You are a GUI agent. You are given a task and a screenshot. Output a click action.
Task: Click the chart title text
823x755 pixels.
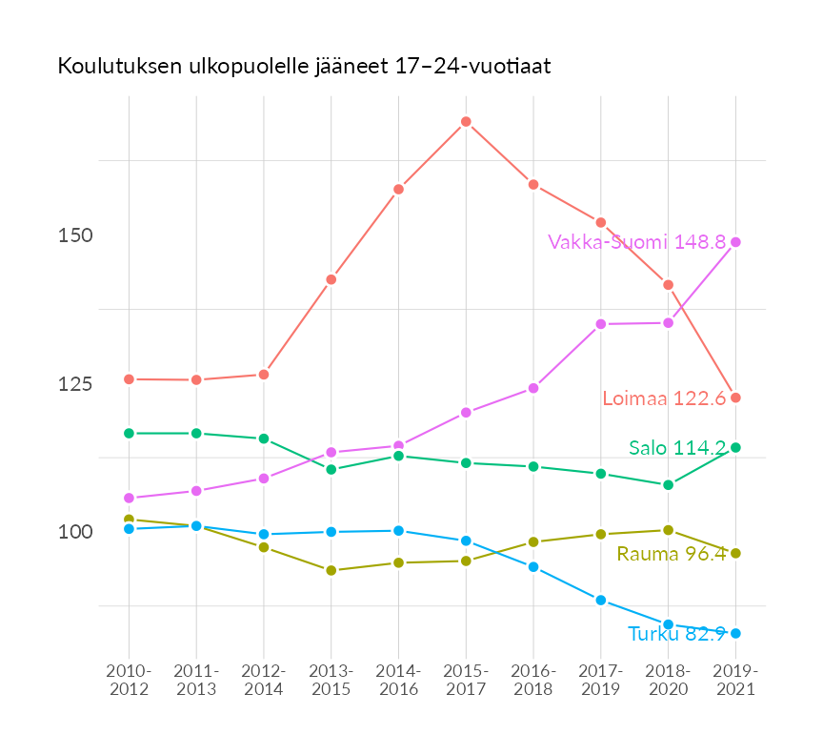tap(304, 67)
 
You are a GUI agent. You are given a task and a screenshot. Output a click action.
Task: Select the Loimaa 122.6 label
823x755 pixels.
tap(664, 398)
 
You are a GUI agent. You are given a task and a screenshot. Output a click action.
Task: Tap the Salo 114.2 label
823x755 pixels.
tap(677, 448)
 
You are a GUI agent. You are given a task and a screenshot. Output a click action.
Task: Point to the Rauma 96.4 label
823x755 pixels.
tap(672, 554)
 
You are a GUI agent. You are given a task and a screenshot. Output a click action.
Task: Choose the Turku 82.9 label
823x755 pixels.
tap(677, 634)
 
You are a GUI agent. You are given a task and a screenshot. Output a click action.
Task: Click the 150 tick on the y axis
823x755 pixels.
tap(75, 235)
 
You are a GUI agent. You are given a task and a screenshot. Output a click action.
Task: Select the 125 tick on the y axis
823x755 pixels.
tap(75, 384)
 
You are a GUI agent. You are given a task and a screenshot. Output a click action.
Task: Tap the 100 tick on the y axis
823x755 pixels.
tap(75, 532)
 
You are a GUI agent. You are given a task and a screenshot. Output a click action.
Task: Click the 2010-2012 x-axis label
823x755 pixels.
tap(129, 680)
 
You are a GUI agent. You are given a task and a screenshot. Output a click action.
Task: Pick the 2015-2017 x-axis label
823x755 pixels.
tap(466, 680)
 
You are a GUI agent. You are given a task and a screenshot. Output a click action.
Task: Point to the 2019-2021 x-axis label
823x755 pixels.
tap(735, 680)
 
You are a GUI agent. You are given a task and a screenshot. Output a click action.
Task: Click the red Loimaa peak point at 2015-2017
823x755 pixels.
tap(466, 122)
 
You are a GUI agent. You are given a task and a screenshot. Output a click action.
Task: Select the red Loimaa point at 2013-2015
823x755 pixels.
tap(331, 279)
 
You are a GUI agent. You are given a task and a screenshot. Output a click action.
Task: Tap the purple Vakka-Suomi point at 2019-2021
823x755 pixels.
tap(735, 242)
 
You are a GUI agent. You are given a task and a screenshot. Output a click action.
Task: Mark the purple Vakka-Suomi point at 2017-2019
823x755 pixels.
tap(601, 324)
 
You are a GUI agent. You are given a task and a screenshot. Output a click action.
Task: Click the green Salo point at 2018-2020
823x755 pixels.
tap(668, 485)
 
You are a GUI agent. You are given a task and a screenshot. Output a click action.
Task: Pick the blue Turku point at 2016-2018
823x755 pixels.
tap(533, 567)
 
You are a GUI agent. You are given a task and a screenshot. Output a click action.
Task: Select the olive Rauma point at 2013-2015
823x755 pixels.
tap(331, 570)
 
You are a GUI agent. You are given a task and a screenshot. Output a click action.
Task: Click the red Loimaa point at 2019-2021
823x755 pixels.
tap(735, 398)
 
